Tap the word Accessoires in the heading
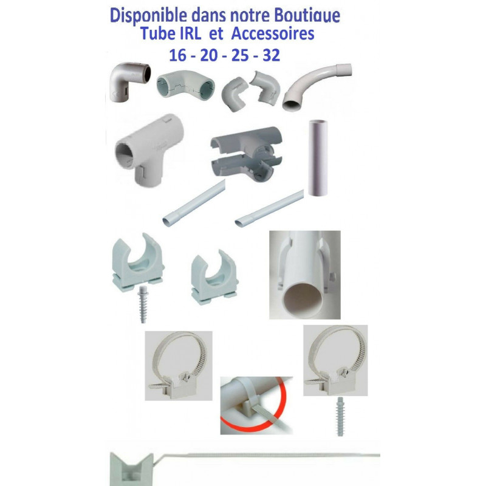(273, 33)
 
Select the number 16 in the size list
(177, 55)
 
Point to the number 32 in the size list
(271, 55)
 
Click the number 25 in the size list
(240, 55)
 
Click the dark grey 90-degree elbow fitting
(129, 81)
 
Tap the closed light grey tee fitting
(149, 149)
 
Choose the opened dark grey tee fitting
(247, 153)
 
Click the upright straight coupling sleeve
(318, 158)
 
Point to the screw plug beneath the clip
(143, 304)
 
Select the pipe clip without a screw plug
(214, 277)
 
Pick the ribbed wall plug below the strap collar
(340, 417)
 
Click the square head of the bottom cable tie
(131, 469)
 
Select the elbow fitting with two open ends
(185, 84)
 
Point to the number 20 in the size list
(208, 55)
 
